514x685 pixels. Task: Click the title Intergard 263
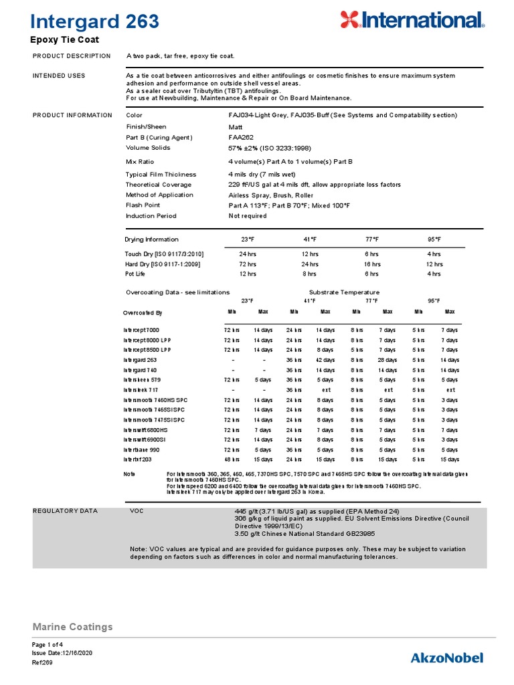click(x=96, y=21)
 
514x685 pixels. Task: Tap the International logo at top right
click(x=412, y=20)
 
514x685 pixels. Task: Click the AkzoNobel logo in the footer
click(x=446, y=658)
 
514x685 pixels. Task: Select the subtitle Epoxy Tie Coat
click(x=65, y=40)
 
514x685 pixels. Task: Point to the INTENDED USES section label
click(x=59, y=76)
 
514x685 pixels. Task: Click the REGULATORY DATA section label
click(x=65, y=511)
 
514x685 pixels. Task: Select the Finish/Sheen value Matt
click(x=236, y=126)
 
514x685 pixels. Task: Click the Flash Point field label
click(x=143, y=205)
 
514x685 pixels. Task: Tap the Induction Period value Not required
click(x=248, y=216)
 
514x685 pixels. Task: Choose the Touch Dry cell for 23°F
click(x=248, y=254)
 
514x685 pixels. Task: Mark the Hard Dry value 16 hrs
click(x=371, y=264)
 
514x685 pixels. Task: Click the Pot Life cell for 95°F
click(x=434, y=274)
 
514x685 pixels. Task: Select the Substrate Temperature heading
click(x=344, y=292)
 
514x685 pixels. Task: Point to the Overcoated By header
click(x=143, y=312)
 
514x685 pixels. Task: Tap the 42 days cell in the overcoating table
click(x=325, y=360)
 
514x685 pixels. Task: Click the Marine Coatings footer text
click(x=73, y=627)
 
